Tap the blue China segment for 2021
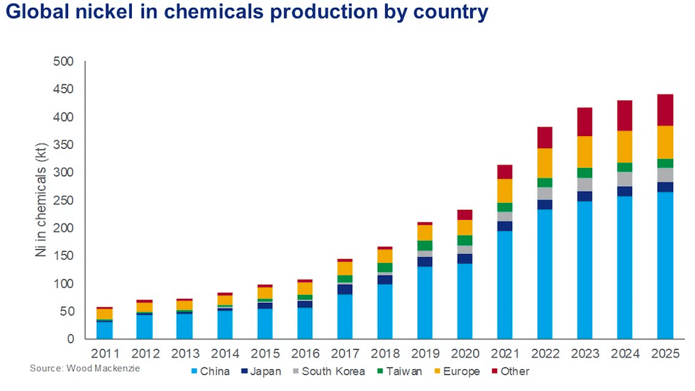[504, 284]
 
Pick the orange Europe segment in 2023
[584, 151]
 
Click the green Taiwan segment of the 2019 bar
[424, 246]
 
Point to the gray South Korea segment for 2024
[625, 179]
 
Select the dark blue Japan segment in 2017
[345, 289]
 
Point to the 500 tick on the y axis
[64, 62]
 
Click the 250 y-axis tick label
[64, 200]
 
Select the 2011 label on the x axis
[104, 353]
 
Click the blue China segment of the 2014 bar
[225, 324]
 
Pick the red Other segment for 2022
[544, 137]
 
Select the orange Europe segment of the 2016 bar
[304, 288]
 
